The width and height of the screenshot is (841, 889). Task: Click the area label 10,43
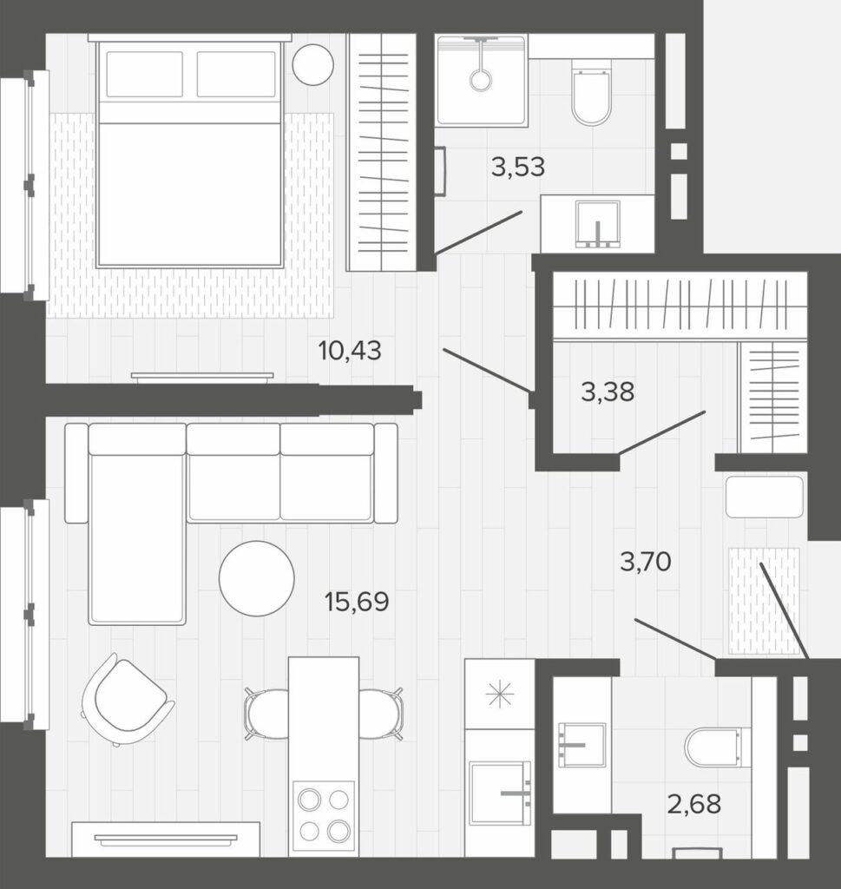click(x=350, y=351)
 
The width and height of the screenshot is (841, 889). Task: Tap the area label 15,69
click(x=357, y=602)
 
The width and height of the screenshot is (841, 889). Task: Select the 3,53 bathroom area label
click(x=518, y=168)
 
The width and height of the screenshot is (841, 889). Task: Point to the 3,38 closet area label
click(x=608, y=392)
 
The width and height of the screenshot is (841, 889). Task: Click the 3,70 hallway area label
click(x=646, y=562)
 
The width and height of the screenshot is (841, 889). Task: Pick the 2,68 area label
click(x=694, y=804)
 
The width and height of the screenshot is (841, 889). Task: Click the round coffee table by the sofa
click(x=257, y=578)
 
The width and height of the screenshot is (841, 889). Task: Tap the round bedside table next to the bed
click(x=312, y=64)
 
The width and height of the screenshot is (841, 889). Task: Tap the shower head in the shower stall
click(x=481, y=79)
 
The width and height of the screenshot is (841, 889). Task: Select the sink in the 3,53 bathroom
click(x=597, y=224)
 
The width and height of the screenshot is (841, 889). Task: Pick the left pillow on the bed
click(x=145, y=75)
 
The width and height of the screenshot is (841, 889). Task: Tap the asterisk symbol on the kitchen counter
click(x=499, y=695)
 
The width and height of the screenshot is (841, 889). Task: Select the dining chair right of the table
click(x=381, y=714)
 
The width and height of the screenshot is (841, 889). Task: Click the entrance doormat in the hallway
click(x=764, y=601)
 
